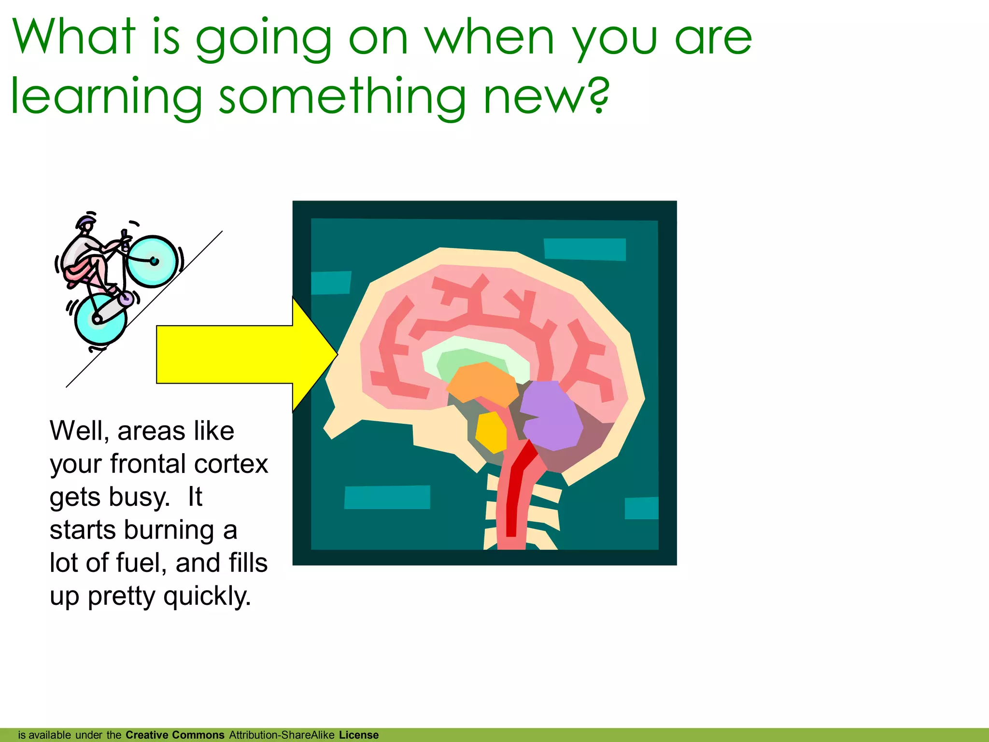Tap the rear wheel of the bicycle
tap(100, 319)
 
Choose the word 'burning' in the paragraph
tap(169, 530)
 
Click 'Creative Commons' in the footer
tap(175, 735)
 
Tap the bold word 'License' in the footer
tap(358, 735)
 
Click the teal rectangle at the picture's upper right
tap(585, 249)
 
